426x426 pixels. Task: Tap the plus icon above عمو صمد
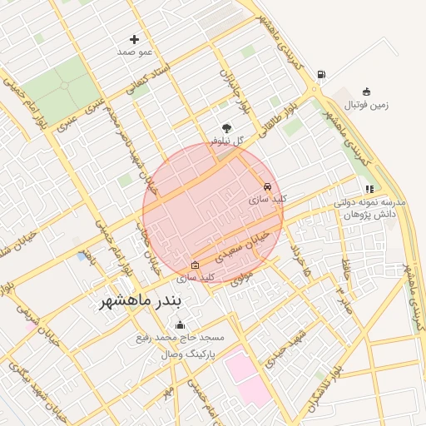click(135, 39)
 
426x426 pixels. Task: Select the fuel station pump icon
click(321, 75)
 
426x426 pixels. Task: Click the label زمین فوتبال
click(367, 105)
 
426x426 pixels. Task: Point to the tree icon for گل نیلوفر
click(227, 128)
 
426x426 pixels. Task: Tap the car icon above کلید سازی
click(267, 186)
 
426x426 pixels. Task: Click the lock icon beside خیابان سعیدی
click(196, 265)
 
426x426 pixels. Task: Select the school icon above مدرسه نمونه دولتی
click(369, 190)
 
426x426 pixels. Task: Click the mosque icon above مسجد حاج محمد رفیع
click(181, 325)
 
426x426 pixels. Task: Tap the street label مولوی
click(241, 280)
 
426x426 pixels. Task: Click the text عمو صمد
click(136, 52)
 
